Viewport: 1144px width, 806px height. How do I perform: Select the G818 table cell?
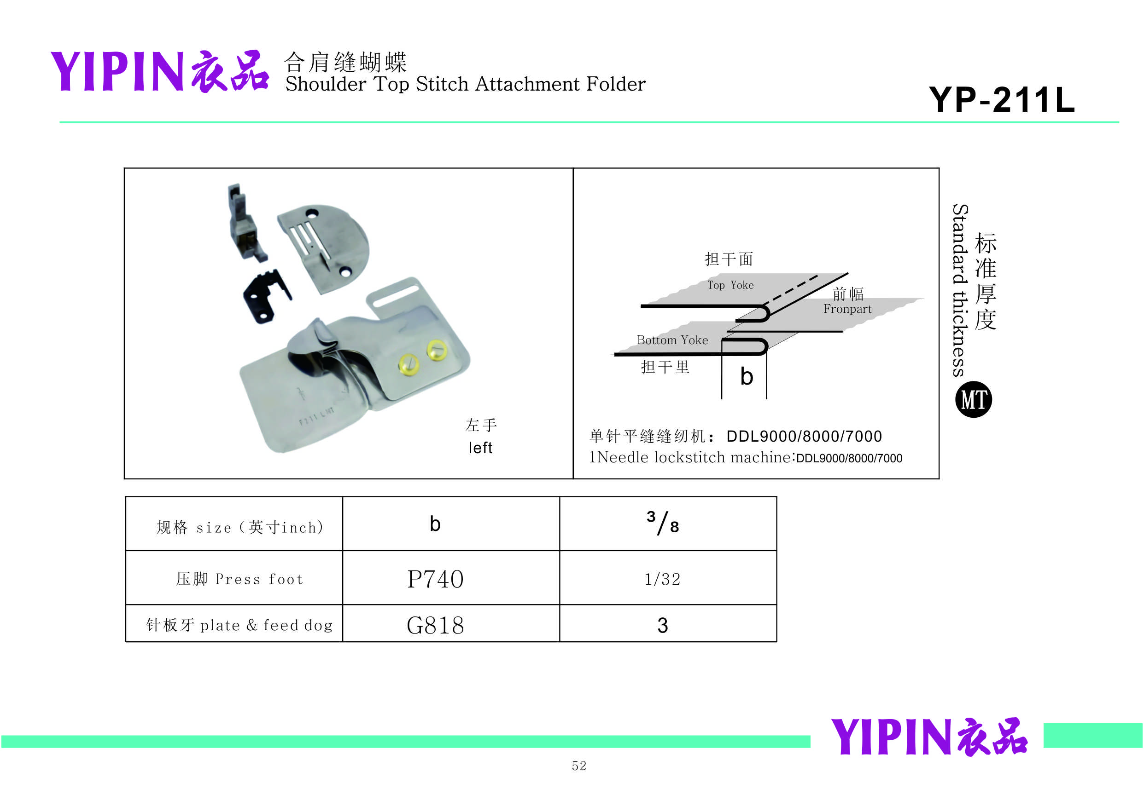[435, 625]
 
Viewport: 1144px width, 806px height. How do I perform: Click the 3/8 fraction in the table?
[662, 523]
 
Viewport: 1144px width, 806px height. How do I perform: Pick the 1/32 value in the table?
[662, 579]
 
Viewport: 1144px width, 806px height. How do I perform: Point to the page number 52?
[579, 766]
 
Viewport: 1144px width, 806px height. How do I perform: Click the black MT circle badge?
[973, 399]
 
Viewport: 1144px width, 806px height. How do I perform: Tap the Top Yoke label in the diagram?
[730, 285]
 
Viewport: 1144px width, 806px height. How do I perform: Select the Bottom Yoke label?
[672, 340]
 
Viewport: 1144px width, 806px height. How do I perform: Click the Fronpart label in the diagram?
[847, 309]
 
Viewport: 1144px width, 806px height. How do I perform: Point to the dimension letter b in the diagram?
[747, 377]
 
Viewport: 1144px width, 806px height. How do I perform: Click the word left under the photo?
[480, 448]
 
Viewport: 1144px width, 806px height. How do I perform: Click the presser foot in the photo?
[244, 224]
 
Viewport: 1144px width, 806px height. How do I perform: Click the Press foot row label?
[239, 579]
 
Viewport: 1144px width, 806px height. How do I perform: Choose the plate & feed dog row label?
[239, 625]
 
